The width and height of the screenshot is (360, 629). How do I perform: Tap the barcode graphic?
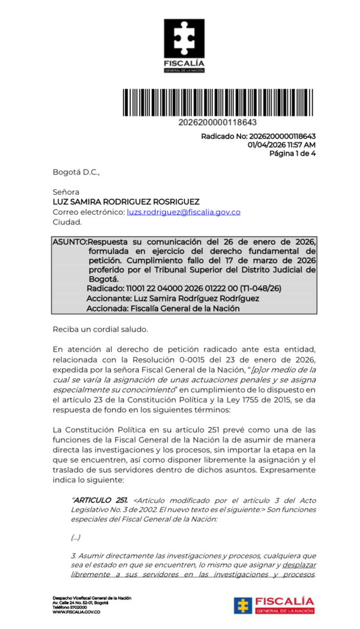pyautogui.click(x=219, y=103)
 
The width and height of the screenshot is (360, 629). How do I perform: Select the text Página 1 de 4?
pyautogui.click(x=292, y=154)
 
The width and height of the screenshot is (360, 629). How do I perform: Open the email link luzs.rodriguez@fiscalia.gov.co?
pyautogui.click(x=183, y=212)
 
